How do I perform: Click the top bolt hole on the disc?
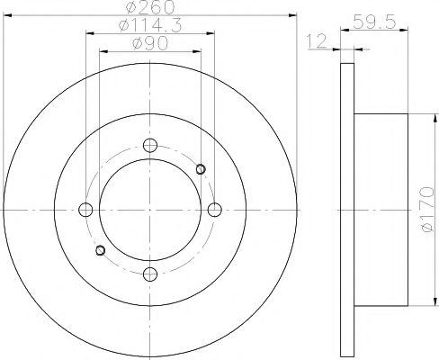[150, 146]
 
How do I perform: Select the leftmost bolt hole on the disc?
[86, 210]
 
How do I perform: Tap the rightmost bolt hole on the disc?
[214, 210]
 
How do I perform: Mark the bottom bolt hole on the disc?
[150, 274]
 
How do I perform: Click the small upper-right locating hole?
[201, 168]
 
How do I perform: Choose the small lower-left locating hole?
[100, 250]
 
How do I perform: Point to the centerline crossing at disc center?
[150, 210]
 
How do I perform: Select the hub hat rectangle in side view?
[387, 210]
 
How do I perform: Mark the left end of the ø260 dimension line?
[5, 15]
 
